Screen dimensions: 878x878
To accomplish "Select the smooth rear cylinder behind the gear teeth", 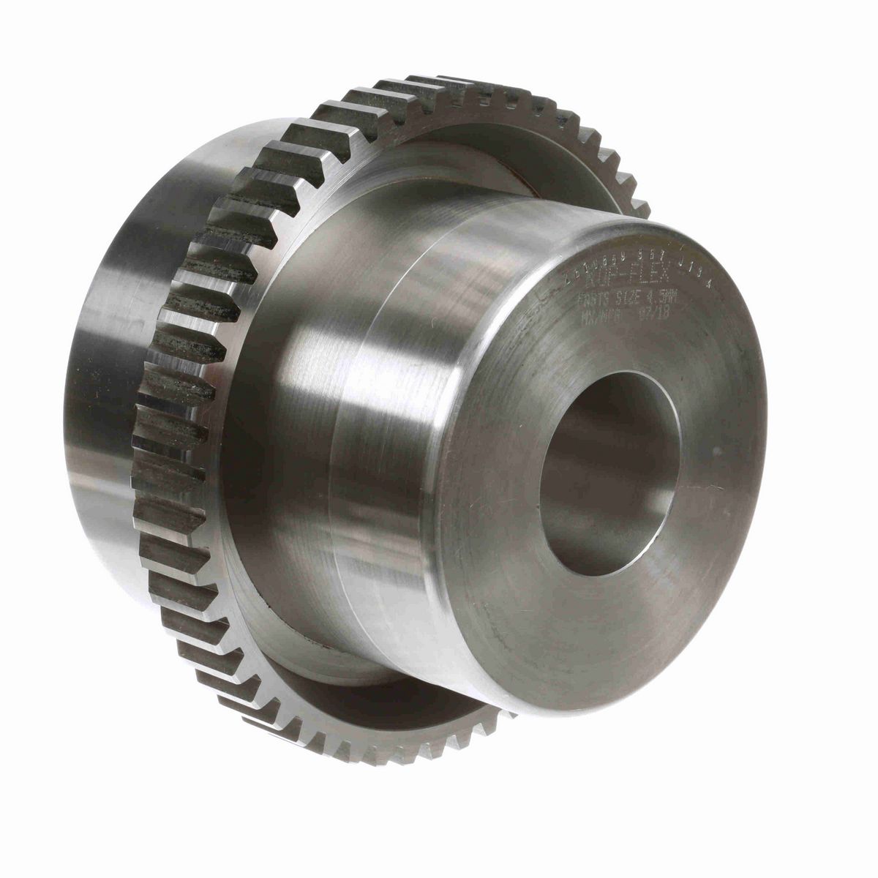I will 117,439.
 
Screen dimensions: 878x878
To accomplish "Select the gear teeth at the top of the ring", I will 439,91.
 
